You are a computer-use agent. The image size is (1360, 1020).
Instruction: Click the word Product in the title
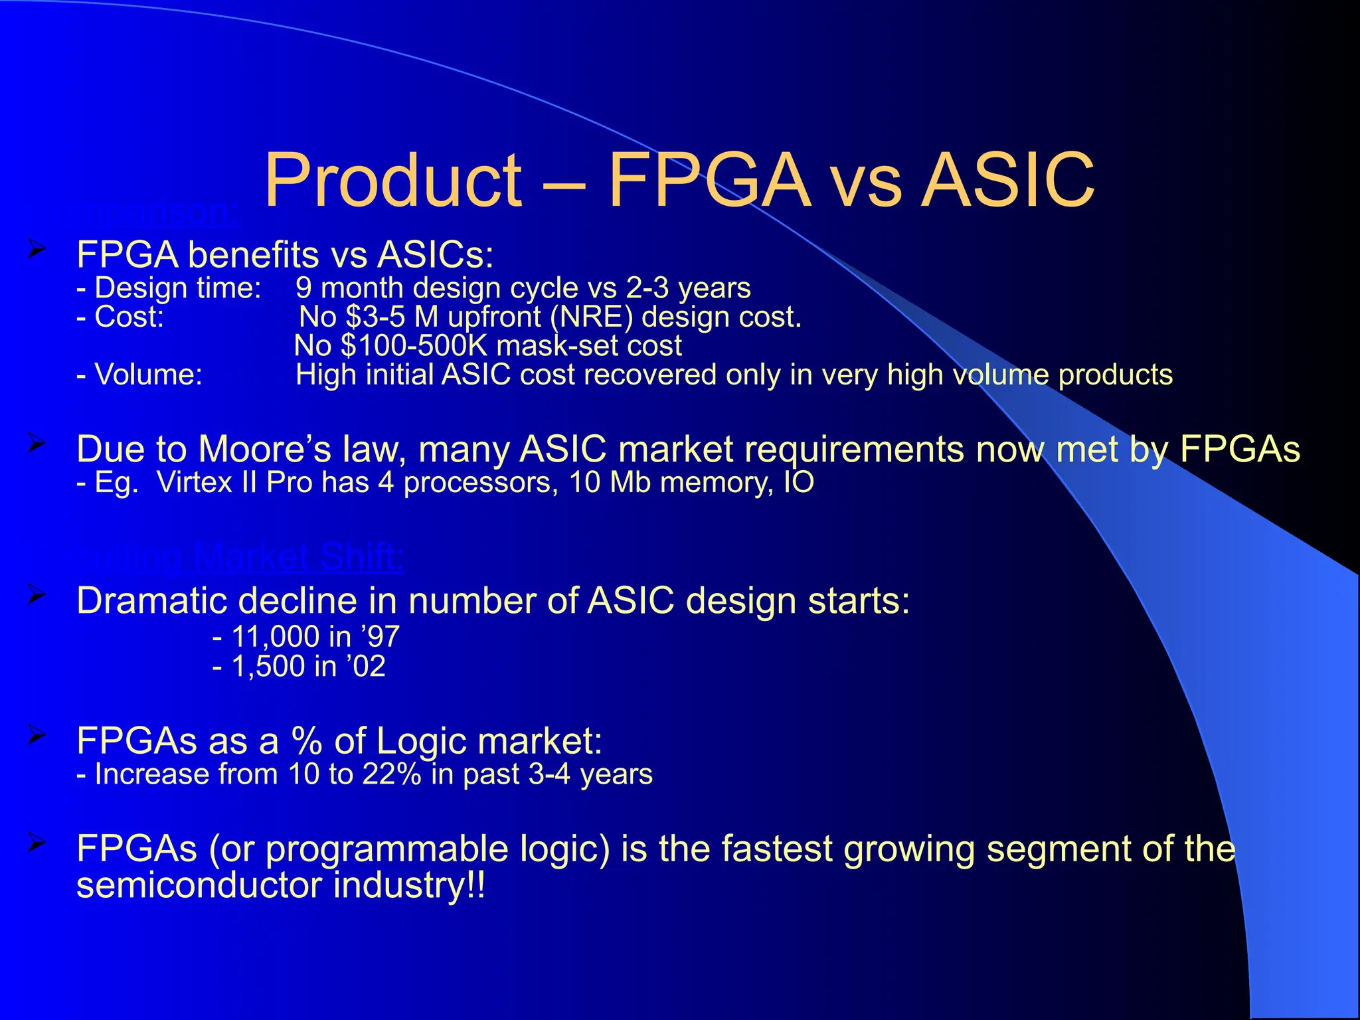(393, 181)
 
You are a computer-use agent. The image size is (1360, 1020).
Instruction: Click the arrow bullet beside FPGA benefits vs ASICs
(37, 250)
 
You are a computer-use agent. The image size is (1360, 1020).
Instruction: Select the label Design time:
(169, 288)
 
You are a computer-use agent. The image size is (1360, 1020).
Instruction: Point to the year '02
(366, 666)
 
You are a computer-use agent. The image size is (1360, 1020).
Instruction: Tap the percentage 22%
(392, 774)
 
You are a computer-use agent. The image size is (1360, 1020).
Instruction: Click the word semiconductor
(199, 885)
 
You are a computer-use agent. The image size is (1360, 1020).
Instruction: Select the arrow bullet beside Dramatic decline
(37, 596)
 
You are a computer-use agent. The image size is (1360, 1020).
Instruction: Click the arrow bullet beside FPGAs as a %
(37, 735)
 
